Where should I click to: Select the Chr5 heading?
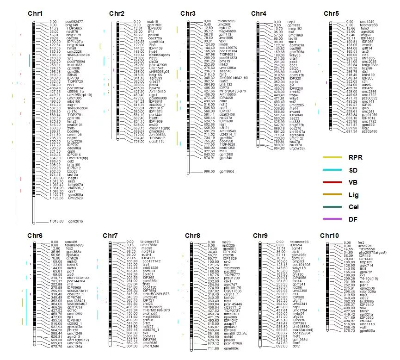[331, 14]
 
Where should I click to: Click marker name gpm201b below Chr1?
[76, 221]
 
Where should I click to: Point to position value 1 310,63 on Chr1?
[56, 221]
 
